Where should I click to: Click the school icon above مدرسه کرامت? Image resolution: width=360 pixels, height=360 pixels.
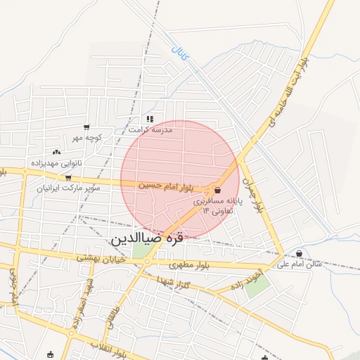pos(149,120)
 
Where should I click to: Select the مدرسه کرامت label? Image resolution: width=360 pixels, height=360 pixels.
pos(150,130)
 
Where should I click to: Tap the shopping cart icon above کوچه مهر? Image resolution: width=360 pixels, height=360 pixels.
pos(86,128)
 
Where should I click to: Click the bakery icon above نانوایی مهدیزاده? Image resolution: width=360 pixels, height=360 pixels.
pos(56,152)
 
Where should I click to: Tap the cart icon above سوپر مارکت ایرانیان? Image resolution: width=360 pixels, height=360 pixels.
pos(67,179)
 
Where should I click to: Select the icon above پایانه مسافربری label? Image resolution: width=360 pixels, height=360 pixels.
pos(217,191)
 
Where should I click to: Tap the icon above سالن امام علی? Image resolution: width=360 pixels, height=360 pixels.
pos(300,254)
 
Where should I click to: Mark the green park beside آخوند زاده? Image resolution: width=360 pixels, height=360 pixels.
pos(257,288)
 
